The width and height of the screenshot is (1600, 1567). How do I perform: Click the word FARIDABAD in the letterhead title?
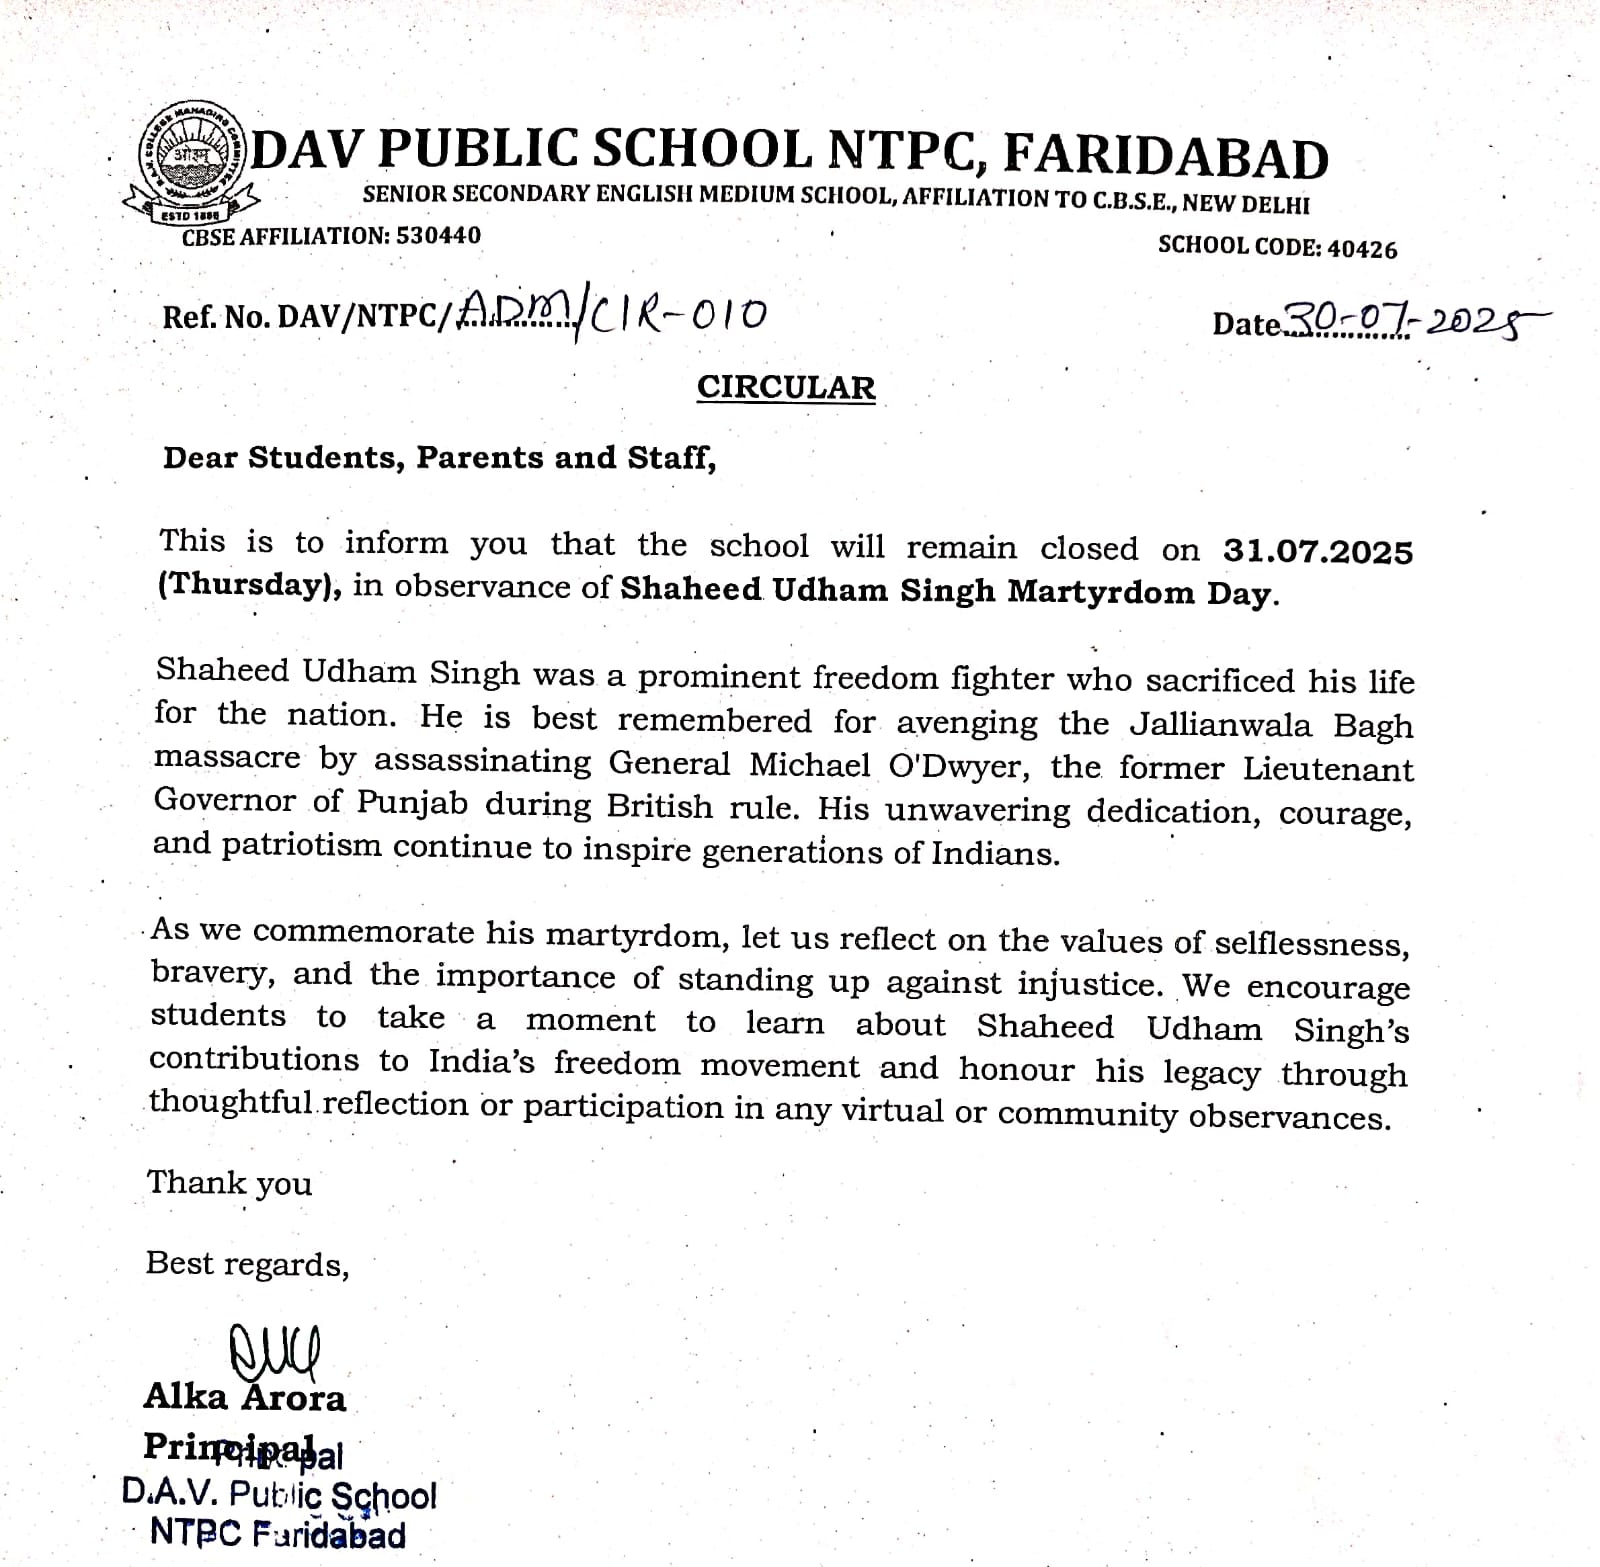click(1165, 157)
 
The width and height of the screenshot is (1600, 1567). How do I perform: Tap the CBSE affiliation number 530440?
click(438, 236)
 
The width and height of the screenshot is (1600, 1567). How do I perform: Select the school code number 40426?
click(1362, 249)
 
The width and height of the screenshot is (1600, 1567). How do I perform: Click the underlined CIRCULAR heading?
click(786, 388)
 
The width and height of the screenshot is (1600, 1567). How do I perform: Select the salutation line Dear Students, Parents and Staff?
click(440, 458)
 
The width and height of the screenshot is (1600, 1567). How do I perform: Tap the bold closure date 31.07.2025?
click(1317, 551)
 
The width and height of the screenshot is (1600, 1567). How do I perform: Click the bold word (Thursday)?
click(249, 585)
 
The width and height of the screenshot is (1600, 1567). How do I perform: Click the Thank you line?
click(229, 1183)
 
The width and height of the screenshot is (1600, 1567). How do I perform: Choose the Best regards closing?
click(247, 1264)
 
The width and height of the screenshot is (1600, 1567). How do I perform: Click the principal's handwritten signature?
click(274, 1350)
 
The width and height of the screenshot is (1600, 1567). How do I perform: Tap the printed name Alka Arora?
click(245, 1397)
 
